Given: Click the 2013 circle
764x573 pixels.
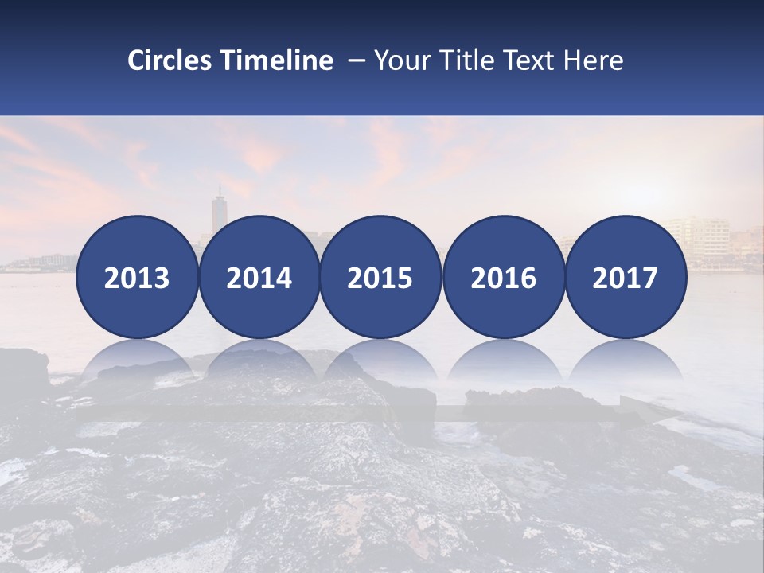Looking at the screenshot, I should coord(137,277).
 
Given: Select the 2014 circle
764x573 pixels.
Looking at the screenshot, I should coord(259,277).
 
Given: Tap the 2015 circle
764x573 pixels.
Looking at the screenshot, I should coord(380,277).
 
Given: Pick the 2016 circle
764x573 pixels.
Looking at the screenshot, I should coord(503,277).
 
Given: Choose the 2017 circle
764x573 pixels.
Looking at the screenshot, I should coord(626,277).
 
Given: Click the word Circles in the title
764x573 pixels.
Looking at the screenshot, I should coord(169,60).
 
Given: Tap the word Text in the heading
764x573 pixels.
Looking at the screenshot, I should coord(532,60).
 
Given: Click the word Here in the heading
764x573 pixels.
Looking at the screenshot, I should coord(594,60).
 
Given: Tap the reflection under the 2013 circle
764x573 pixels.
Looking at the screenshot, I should coord(137,362).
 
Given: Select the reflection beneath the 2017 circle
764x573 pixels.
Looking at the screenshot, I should coord(626,362).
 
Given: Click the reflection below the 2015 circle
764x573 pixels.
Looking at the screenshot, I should coord(380,362).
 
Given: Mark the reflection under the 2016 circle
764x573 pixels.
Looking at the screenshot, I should coord(503,362).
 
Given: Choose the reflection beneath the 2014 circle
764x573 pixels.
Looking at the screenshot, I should coord(259,362).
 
